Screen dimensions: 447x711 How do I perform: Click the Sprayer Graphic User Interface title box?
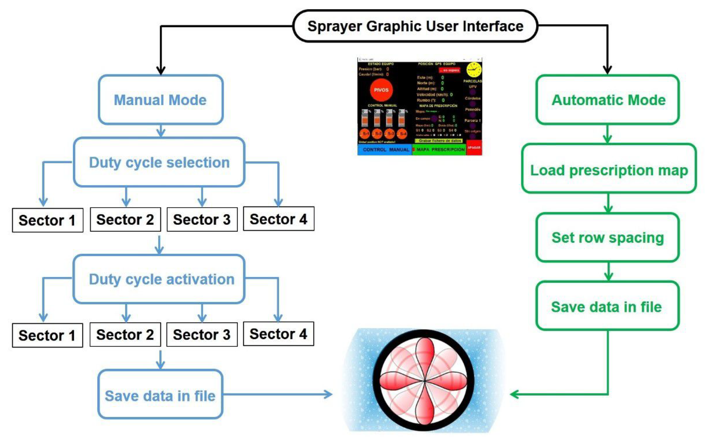coord(415,26)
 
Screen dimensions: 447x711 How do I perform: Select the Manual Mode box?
coord(160,100)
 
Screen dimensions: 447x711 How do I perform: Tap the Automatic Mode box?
coord(608,100)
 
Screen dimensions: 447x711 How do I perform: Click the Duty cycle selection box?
coord(159,162)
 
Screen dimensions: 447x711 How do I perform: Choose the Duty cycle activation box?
coord(159,279)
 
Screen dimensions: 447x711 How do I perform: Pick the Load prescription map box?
coord(609,170)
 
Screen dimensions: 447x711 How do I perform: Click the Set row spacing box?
coord(608,237)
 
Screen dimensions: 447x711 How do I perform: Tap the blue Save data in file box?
coord(160,395)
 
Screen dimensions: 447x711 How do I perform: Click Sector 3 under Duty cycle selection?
coord(202,219)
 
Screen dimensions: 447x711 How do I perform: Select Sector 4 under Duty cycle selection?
coord(278,219)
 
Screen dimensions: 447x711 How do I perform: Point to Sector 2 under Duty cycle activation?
coord(125,334)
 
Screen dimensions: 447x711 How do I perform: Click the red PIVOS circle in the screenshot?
coord(381,90)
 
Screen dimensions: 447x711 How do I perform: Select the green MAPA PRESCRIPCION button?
coord(440,150)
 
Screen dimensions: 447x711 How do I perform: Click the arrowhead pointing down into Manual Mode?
coord(161,71)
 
